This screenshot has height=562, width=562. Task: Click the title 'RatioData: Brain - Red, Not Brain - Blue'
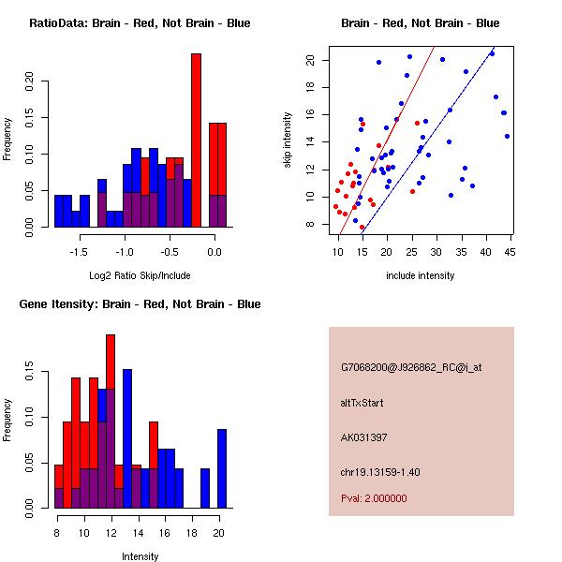[x=140, y=23]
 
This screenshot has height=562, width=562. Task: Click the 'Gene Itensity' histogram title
[x=140, y=304]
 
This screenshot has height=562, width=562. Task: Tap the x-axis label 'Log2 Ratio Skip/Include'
[x=140, y=275]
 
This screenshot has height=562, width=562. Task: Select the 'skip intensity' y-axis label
[x=288, y=140]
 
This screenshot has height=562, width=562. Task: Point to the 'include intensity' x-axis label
[x=421, y=275]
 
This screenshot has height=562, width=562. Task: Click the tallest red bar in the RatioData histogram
[x=196, y=140]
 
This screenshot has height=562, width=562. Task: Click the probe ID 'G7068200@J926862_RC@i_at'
[x=411, y=368]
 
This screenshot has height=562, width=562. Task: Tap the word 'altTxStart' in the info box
[x=362, y=403]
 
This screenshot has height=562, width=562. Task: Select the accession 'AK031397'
[x=363, y=437]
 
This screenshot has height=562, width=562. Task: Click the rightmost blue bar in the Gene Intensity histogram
[x=222, y=468]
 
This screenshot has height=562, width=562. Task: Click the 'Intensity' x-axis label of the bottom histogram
[x=140, y=556]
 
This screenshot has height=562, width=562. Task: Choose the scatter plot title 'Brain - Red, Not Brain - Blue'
[x=421, y=23]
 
